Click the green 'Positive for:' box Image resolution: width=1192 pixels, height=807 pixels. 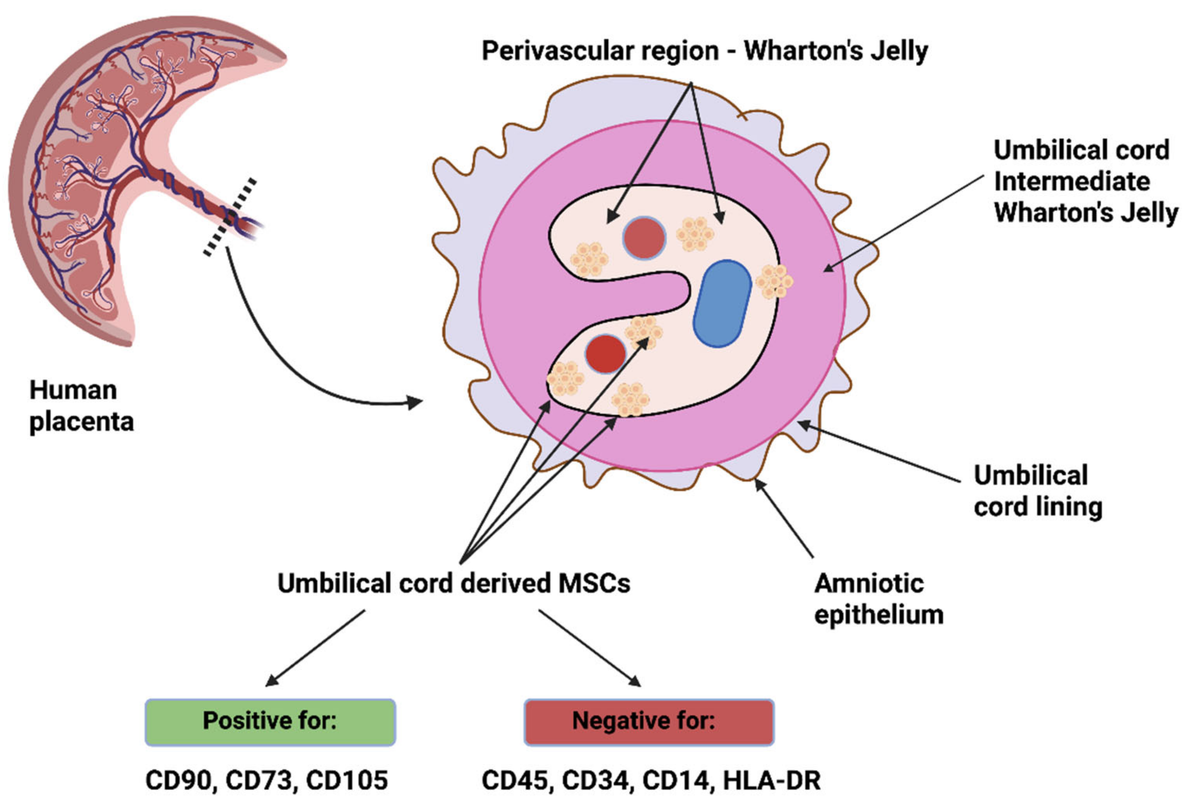(x=270, y=721)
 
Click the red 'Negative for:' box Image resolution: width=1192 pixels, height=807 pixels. (x=648, y=721)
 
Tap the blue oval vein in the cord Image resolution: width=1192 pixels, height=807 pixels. (x=722, y=304)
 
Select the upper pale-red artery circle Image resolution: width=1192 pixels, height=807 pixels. (x=644, y=238)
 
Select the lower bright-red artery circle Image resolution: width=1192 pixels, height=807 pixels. (x=606, y=354)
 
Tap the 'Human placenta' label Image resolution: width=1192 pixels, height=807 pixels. (x=81, y=406)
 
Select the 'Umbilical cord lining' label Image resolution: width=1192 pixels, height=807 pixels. (x=1037, y=490)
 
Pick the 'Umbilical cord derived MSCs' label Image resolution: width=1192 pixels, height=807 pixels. (x=453, y=583)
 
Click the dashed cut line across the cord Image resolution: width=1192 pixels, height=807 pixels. (x=230, y=217)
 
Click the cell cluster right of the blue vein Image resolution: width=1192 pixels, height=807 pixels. (x=773, y=281)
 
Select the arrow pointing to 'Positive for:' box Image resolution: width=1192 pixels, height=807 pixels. (x=315, y=648)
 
